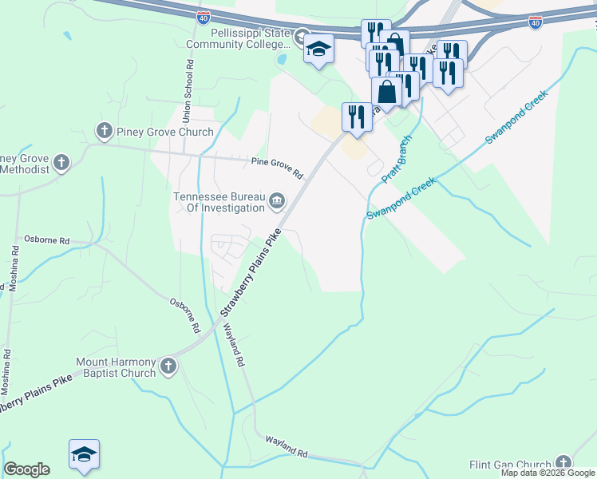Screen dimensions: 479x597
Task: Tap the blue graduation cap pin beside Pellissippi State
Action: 318,50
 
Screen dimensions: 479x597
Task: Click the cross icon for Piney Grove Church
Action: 103,130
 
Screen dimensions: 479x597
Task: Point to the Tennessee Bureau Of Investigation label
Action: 219,202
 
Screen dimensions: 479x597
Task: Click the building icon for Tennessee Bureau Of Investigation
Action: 276,200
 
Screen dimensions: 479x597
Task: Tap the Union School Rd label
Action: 188,90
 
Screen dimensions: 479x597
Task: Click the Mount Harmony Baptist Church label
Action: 116,367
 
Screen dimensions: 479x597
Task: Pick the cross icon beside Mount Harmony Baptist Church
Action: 168,366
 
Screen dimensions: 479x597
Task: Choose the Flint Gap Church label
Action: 510,465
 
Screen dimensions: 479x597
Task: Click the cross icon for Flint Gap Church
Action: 563,463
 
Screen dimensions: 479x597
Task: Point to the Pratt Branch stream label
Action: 396,159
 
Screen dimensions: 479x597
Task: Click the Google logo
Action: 26,469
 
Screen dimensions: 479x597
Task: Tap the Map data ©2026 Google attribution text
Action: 547,473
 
